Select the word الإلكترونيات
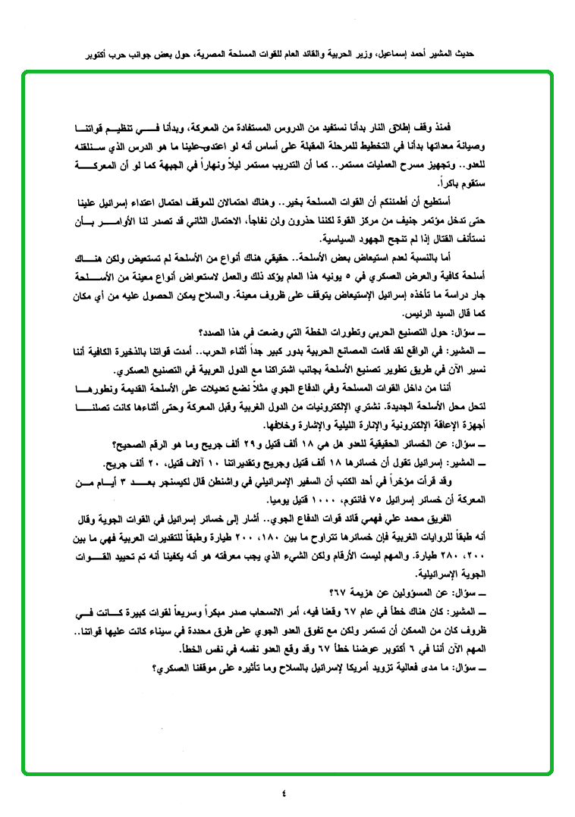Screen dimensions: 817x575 pos(387,406)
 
